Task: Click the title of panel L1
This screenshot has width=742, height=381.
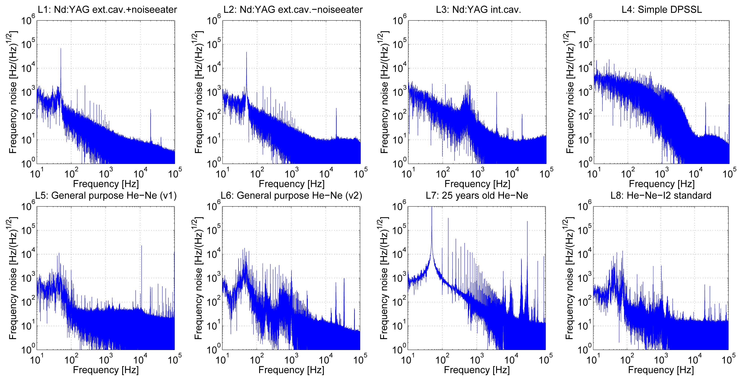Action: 107,9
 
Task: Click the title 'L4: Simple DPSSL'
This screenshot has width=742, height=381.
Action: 662,9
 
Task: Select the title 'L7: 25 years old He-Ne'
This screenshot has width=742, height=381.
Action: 477,196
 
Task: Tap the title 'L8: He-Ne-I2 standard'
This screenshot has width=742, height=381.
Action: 661,196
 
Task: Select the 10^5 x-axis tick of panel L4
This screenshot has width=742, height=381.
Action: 729,174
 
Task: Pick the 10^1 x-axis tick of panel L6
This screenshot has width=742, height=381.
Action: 222,360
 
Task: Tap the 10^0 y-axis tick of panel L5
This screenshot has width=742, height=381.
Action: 28,349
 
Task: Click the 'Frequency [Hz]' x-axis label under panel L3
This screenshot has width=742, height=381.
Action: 477,184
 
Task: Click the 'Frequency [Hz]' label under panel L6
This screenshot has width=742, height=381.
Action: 291,370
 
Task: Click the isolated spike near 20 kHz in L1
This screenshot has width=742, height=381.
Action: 150,110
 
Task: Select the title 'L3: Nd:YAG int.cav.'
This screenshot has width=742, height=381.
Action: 478,9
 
